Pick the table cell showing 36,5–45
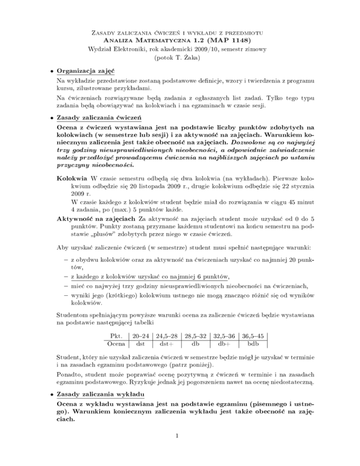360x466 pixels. point(252,336)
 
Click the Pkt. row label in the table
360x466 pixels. point(116,336)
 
